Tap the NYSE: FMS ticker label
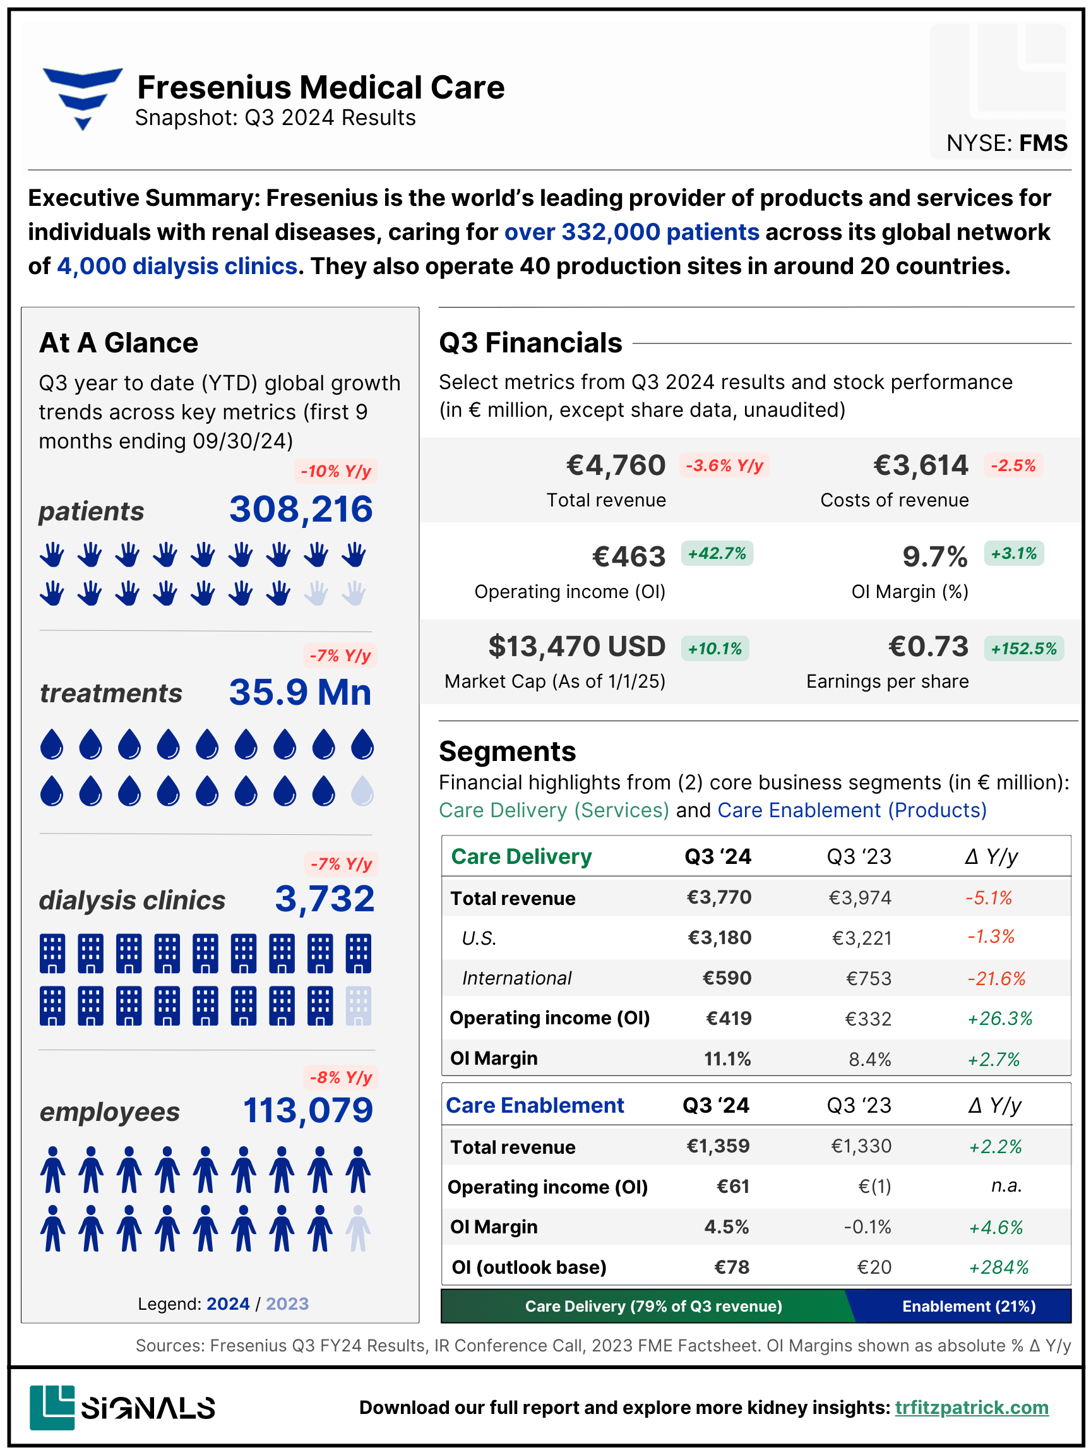pyautogui.click(x=1006, y=143)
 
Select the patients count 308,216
pyautogui.click(x=301, y=510)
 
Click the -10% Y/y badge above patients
pyautogui.click(x=335, y=472)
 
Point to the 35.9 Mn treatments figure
pyautogui.click(x=300, y=693)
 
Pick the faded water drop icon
pyautogui.click(x=362, y=791)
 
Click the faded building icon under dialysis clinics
pyautogui.click(x=359, y=1005)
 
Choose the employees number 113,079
pyautogui.click(x=307, y=1111)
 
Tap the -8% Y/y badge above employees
pyautogui.click(x=341, y=1077)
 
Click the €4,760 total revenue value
pyautogui.click(x=616, y=465)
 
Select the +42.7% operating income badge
pyautogui.click(x=717, y=553)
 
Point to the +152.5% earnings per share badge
pyautogui.click(x=1023, y=649)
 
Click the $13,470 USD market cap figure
pyautogui.click(x=576, y=647)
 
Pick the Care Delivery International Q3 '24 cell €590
pyautogui.click(x=727, y=978)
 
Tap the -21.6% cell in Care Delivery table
pyautogui.click(x=996, y=979)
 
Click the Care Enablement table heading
pyautogui.click(x=535, y=1105)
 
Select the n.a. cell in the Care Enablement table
pyautogui.click(x=1006, y=1185)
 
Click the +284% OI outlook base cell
pyautogui.click(x=998, y=1267)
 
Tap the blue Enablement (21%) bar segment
pyautogui.click(x=968, y=1307)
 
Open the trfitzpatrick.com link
pyautogui.click(x=971, y=1408)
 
